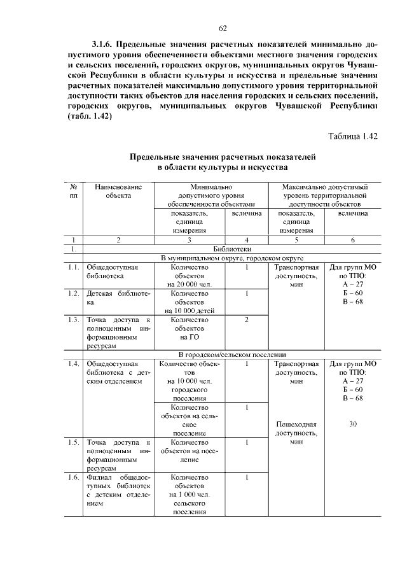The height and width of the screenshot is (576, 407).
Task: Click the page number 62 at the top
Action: click(x=223, y=28)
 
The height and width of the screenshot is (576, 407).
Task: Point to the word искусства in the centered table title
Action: click(x=262, y=167)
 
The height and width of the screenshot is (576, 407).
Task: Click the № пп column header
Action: click(x=74, y=192)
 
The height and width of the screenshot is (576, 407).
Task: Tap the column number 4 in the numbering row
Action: click(x=245, y=240)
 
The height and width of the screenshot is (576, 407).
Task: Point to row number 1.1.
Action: click(x=74, y=267)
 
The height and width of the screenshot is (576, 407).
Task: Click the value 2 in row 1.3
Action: click(x=245, y=319)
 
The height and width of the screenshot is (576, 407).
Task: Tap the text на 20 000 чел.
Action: click(x=190, y=284)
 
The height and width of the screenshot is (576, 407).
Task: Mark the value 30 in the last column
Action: click(x=353, y=424)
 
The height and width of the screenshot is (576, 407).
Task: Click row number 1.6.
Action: click(x=74, y=477)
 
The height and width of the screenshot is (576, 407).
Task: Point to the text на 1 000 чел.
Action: click(x=190, y=494)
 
